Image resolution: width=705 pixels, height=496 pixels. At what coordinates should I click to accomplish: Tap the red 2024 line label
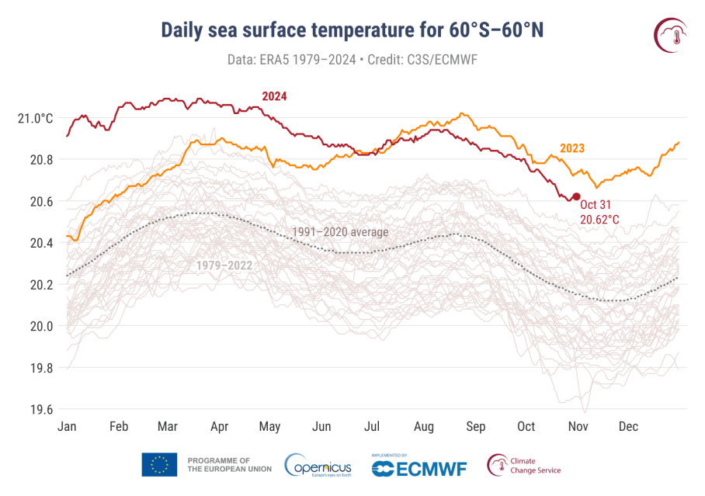click(274, 96)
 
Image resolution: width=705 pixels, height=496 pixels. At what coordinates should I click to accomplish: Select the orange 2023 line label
click(571, 148)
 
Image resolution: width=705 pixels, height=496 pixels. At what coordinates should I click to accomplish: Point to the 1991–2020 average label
click(339, 231)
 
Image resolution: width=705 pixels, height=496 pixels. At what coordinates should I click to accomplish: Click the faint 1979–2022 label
click(225, 265)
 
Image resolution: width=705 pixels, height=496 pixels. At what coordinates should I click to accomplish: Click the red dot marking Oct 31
click(576, 197)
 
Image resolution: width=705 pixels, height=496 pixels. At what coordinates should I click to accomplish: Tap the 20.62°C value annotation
click(599, 220)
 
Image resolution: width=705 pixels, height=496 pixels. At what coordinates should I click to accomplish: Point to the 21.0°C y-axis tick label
click(35, 118)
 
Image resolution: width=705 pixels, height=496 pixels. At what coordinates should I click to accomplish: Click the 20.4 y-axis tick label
click(39, 243)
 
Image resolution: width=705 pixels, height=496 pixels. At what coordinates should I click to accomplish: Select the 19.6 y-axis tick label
click(39, 409)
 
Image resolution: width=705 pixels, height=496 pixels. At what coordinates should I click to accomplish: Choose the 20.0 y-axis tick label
click(39, 326)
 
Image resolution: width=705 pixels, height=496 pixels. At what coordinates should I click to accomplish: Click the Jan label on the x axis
click(68, 426)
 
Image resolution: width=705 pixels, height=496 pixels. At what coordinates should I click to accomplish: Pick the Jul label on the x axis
click(373, 426)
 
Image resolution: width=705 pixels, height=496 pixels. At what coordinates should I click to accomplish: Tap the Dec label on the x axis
click(628, 426)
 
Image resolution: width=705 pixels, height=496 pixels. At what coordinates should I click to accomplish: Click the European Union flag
click(159, 465)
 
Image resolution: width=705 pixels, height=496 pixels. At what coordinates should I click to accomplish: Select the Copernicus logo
click(318, 465)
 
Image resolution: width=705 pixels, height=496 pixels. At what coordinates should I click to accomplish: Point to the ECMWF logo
click(418, 467)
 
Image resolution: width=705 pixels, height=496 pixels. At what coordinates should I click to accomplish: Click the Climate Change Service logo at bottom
click(523, 465)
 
